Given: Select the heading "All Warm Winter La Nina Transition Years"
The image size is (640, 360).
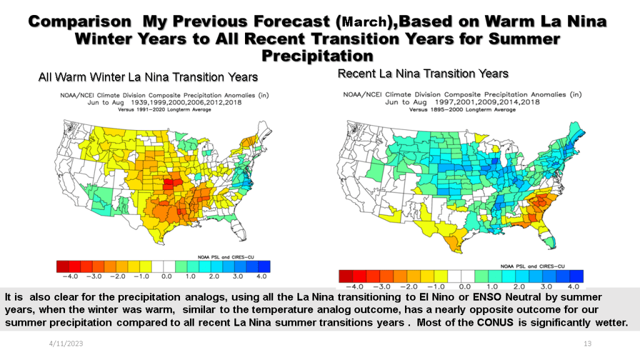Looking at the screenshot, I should (148, 77).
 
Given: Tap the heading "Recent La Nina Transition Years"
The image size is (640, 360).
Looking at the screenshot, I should (423, 74).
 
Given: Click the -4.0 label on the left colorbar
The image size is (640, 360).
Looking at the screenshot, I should (69, 276).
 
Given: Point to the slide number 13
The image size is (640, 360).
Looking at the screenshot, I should (587, 344).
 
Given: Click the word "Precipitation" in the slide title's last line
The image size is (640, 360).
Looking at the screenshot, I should (319, 56).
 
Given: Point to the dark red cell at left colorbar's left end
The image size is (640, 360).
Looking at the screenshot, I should (62, 266).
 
